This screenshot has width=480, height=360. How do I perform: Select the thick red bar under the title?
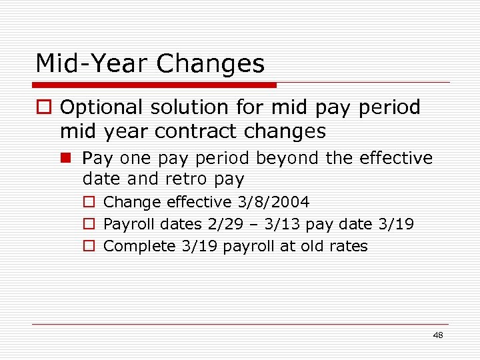pyautogui.click(x=154, y=85)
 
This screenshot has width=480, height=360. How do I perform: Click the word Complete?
pyautogui.click(x=141, y=246)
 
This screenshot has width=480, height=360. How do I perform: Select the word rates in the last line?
pyautogui.click(x=348, y=246)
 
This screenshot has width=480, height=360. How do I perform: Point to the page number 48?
pyautogui.click(x=437, y=335)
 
